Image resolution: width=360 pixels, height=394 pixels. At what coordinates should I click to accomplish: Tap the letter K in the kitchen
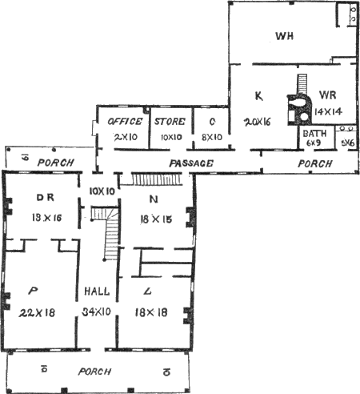(x=258, y=97)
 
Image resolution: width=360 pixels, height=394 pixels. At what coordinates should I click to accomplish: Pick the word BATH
(x=311, y=132)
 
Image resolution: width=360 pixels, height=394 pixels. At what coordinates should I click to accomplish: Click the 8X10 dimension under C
(x=211, y=137)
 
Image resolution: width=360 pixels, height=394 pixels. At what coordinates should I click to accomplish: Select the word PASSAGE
(x=191, y=163)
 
